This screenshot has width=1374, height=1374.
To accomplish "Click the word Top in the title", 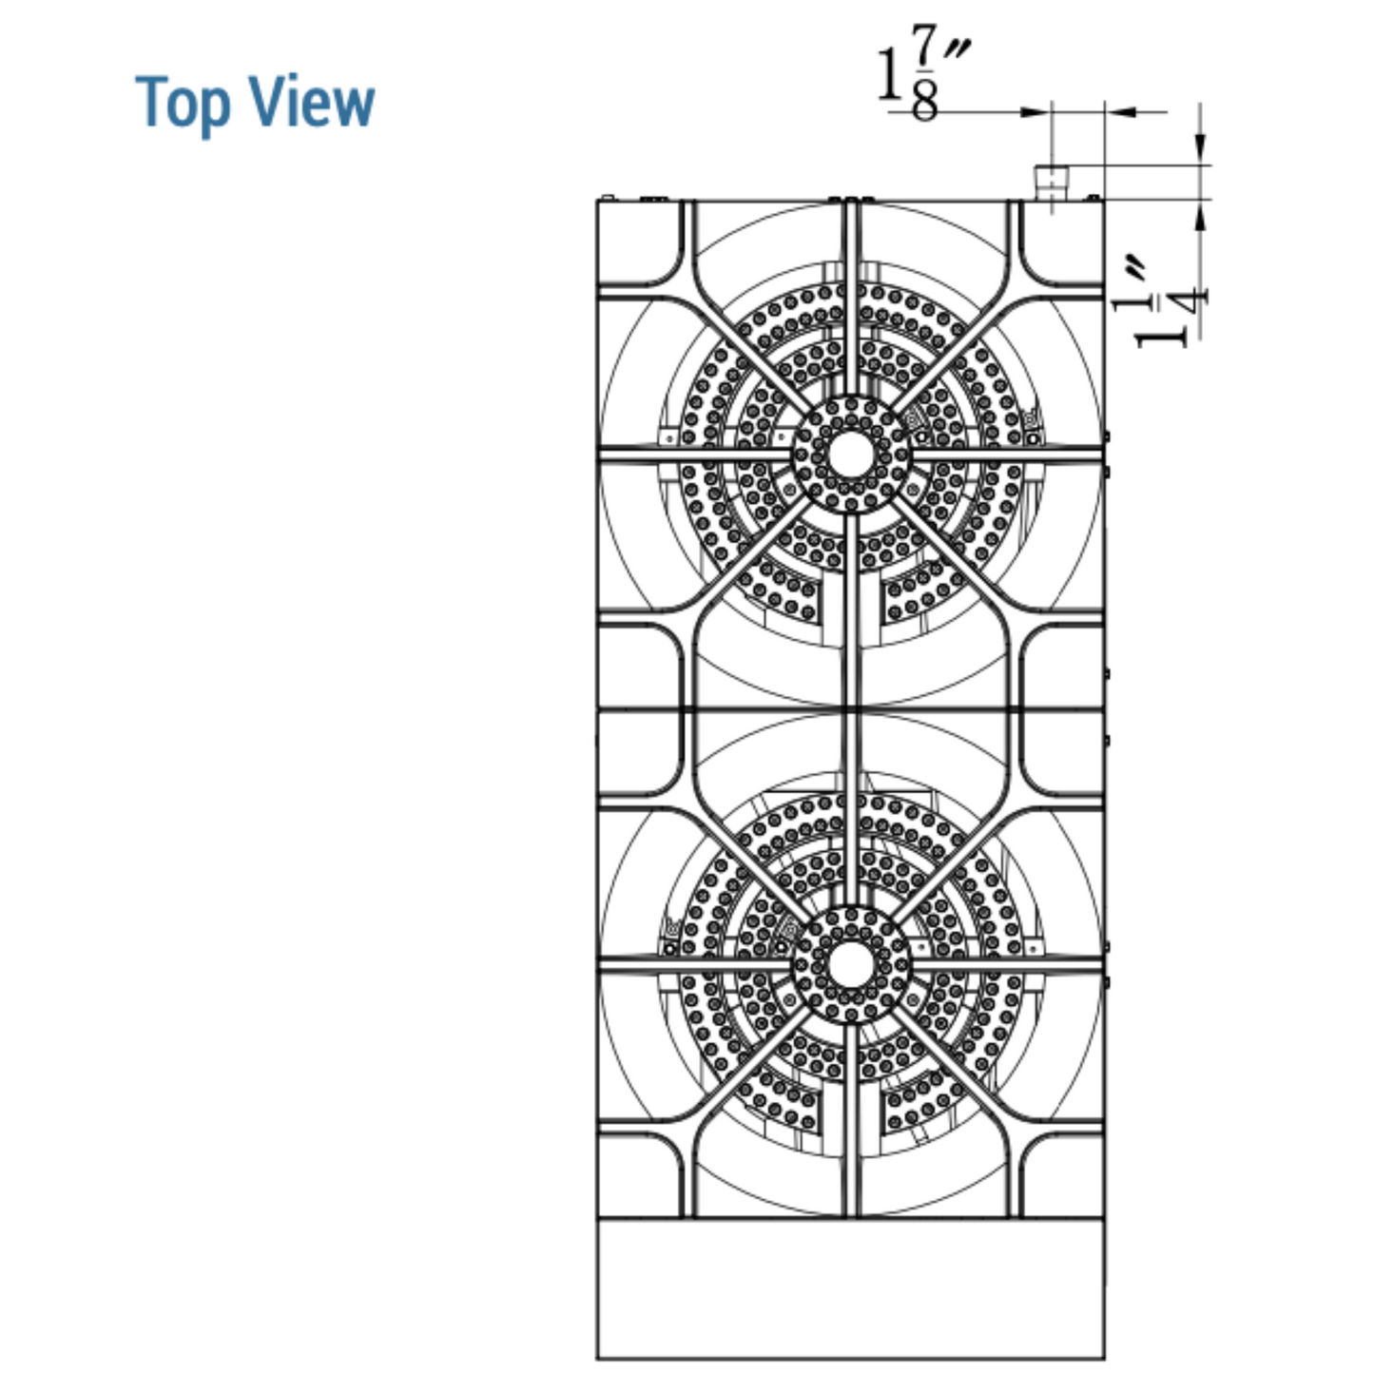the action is point(183,104).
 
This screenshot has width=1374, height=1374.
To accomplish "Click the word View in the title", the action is point(312,101).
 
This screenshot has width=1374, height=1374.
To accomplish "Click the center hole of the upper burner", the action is point(851,454).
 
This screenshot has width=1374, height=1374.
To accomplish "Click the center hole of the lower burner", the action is point(851,965).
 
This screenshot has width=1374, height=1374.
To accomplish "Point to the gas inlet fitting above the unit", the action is point(1052,183).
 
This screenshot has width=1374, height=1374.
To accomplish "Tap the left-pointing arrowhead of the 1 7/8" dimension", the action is point(1120,112).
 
